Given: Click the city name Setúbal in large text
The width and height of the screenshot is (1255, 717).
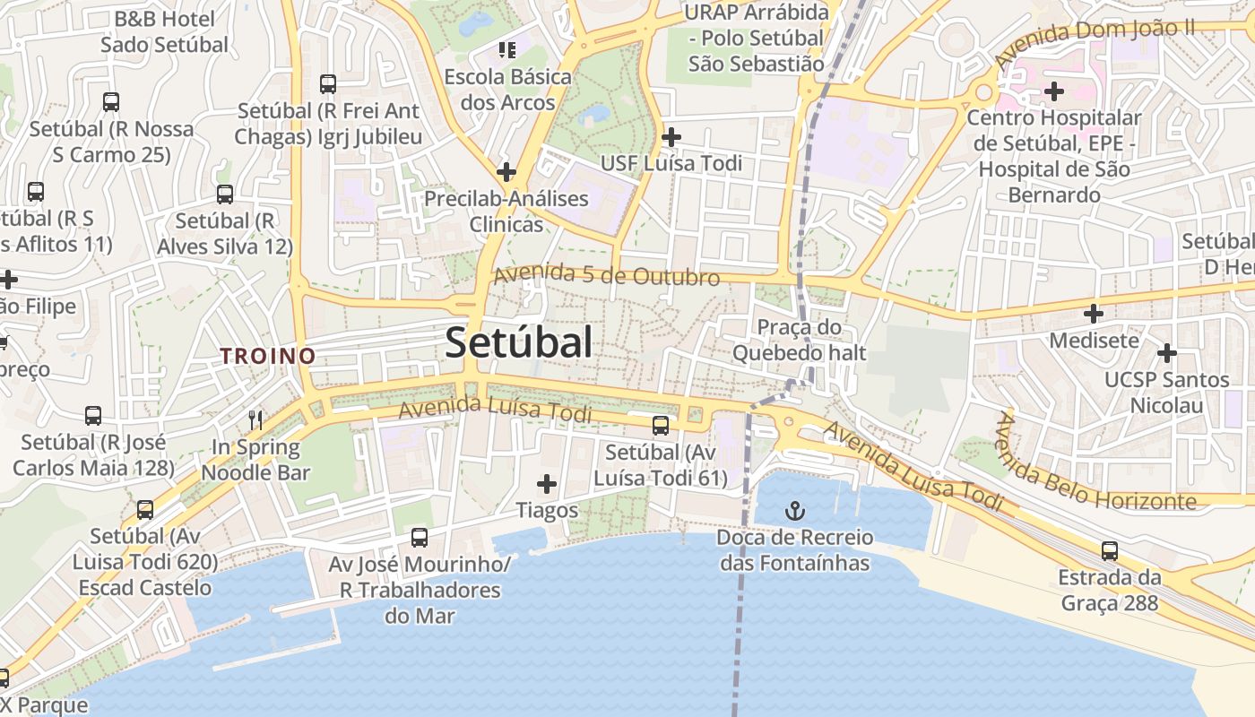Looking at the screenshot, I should coord(519,342).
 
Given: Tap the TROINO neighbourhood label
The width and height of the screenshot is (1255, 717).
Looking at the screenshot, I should coord(268,356).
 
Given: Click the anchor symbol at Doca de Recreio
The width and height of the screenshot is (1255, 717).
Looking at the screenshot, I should coord(794,512).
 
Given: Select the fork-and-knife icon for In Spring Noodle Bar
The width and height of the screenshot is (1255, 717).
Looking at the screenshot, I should coord(256,419).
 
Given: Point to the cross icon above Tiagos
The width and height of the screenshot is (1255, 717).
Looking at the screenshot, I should coord(546,484).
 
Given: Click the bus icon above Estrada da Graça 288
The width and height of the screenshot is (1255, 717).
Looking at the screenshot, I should coord(1110,550).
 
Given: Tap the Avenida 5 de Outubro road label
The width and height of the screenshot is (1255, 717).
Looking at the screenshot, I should coord(607,275).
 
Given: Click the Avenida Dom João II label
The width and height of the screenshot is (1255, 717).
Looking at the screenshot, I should coord(1095,43).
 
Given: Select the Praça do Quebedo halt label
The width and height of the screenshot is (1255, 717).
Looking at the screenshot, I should coord(800,340).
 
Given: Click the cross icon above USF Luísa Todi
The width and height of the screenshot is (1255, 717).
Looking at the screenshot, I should coord(671,137).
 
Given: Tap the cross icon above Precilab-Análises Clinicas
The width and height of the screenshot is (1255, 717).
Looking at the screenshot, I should coord(506,171).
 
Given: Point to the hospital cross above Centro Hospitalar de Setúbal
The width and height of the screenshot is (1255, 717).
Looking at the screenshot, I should coord(1054,91).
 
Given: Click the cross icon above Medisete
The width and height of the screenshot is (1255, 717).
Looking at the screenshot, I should coord(1094,314).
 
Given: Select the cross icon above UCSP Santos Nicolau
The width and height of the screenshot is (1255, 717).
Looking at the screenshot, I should coord(1166,353).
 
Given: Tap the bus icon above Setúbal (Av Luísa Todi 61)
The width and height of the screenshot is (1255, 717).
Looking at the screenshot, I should coord(661,426).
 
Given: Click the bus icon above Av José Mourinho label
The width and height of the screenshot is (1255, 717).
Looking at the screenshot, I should coord(419,538).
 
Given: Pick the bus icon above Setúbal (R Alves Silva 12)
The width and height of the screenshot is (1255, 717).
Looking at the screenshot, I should coord(225,194).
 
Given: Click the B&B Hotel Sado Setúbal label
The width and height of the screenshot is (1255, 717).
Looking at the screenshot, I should coord(164,31).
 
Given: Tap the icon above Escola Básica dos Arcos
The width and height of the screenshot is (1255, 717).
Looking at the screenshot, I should coord(507,49).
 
